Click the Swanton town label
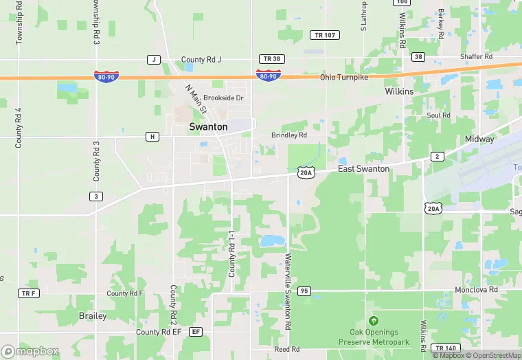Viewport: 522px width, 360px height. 208,127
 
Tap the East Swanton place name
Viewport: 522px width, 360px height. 364,168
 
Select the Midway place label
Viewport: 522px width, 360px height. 479,139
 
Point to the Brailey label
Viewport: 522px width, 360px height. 92,316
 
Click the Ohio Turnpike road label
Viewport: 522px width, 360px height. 344,77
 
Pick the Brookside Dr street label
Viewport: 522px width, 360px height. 223,98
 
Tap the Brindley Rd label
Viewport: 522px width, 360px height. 288,135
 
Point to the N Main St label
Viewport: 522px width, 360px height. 196,99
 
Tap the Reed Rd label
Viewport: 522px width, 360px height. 286,349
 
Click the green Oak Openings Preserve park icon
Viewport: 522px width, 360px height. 374,321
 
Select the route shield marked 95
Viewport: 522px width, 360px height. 304,291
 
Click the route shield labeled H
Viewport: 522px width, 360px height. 152,137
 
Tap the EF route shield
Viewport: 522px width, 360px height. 196,332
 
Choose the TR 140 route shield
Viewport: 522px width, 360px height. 446,349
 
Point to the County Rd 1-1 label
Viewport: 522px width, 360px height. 232,254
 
